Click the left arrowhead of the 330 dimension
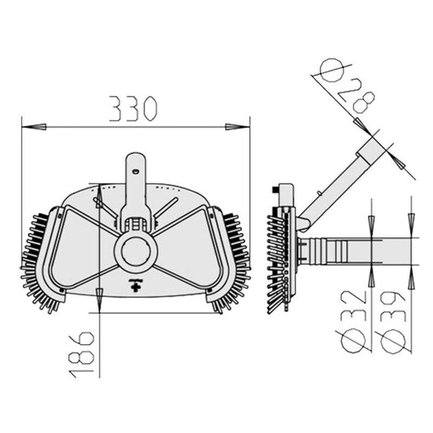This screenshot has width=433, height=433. click(x=33, y=126)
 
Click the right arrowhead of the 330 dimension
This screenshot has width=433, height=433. click(x=237, y=126)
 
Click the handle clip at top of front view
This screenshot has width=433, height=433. click(x=136, y=173)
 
